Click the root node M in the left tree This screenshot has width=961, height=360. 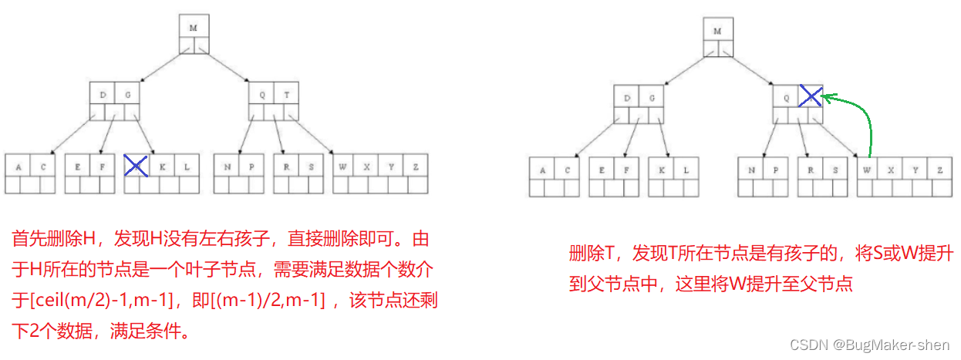pos(194,28)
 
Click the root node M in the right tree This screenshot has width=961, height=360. pos(717,31)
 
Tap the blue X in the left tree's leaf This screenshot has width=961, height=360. pos(136,165)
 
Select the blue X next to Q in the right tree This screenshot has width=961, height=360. pos(809,96)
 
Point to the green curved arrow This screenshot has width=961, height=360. pos(862,116)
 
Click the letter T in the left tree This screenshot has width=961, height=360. pos(286,95)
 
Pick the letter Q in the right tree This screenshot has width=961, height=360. pos(785,98)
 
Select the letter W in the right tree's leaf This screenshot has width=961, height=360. pos(868,169)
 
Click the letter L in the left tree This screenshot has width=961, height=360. pos(187,166)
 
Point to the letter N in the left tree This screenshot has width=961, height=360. pos(226,166)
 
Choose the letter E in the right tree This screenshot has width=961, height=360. pos(601,169)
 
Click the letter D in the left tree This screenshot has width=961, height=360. pos(103,95)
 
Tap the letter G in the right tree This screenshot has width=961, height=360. pos(652,98)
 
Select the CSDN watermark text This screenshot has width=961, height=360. pos(876,345)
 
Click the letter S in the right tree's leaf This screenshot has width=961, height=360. pos(835,169)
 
